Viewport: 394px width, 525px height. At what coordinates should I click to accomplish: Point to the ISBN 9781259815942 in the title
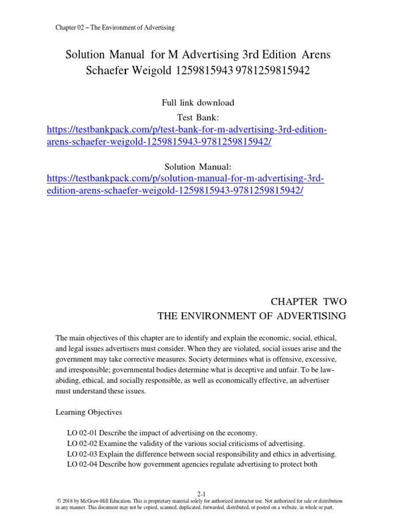[x=270, y=71]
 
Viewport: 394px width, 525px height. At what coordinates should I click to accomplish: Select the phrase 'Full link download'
[x=198, y=103]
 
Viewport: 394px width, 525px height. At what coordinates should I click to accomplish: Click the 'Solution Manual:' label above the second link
[x=198, y=167]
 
